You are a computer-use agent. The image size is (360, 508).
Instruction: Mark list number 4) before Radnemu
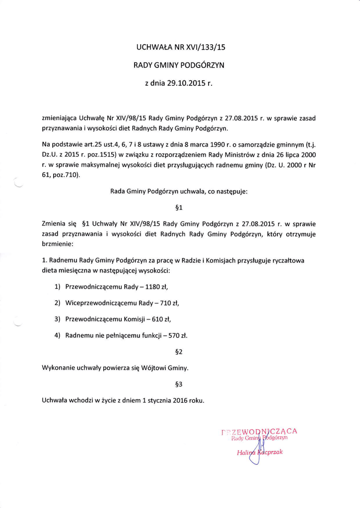pyautogui.click(x=57, y=335)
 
